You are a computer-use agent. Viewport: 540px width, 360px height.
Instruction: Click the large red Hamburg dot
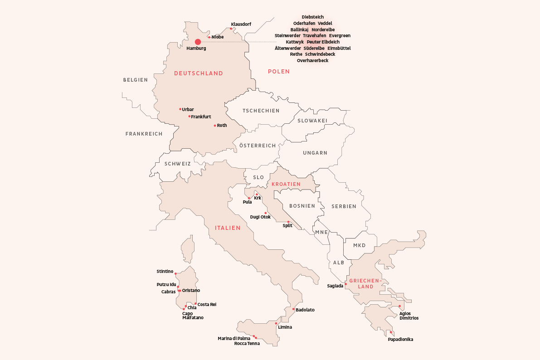coord(198,42)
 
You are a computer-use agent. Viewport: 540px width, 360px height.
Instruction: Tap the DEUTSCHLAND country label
coord(199,73)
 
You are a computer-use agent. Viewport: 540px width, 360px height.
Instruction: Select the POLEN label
coord(278,72)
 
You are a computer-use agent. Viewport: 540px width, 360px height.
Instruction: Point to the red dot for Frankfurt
coord(190,117)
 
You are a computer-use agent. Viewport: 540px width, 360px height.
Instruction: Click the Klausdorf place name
coord(241,24)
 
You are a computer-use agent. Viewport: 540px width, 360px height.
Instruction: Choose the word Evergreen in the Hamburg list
coord(340,35)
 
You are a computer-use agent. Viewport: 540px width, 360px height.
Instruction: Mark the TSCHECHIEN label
coord(261,111)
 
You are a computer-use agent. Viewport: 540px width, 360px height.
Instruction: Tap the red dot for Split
coord(288,222)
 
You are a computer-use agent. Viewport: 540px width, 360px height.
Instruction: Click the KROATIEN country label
coord(286,184)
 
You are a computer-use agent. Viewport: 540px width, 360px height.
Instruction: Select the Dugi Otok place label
coord(260,217)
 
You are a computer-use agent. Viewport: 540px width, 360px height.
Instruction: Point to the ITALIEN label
coord(228,228)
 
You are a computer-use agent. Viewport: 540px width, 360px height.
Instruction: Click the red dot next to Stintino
coord(175,274)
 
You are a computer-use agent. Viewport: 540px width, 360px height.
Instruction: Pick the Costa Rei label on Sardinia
coord(207,304)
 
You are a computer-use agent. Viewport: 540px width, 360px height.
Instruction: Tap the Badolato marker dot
coord(293,310)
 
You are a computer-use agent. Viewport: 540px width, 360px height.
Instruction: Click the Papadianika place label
coord(400,339)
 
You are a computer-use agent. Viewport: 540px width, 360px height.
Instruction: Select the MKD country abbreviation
coord(359,245)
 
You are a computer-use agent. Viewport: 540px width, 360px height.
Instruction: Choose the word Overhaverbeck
coord(312,60)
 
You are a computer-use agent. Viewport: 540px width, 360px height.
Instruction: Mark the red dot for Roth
coord(215,126)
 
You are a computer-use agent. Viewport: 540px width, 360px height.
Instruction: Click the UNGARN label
coord(315,153)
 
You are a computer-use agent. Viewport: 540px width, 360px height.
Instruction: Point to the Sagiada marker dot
coord(345,284)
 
